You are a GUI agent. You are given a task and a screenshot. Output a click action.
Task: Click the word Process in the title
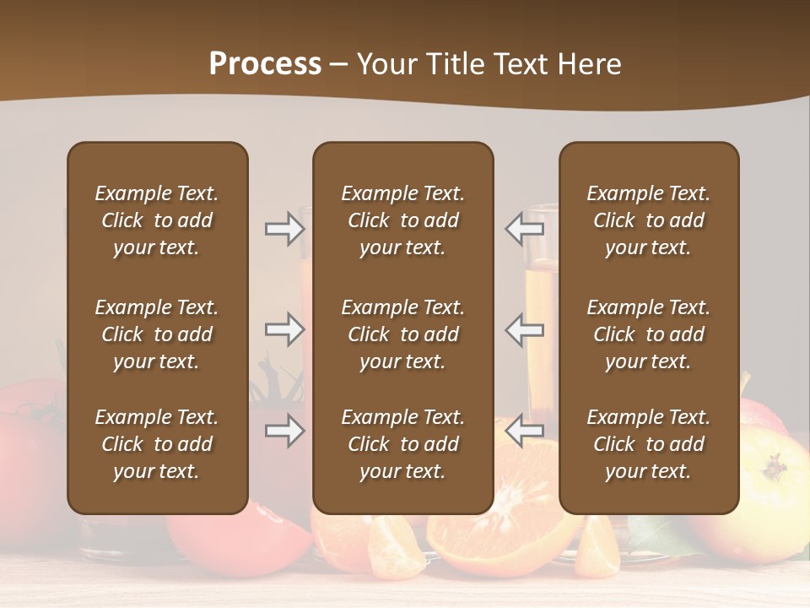[x=265, y=64]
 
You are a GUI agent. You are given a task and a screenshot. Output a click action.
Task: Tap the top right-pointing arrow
[x=284, y=228]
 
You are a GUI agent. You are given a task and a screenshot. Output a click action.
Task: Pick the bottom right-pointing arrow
[x=284, y=431]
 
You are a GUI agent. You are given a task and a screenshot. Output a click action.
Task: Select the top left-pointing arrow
[x=524, y=228]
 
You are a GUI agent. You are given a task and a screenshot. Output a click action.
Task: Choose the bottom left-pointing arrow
[x=524, y=431]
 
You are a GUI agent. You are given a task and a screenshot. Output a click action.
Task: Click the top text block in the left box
[x=157, y=220]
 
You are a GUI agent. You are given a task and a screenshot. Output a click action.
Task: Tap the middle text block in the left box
[x=157, y=334]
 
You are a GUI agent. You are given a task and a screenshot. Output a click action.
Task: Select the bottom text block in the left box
[x=157, y=444]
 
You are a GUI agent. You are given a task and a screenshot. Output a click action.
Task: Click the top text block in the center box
[x=402, y=220]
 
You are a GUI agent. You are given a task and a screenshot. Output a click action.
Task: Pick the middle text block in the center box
[x=402, y=334]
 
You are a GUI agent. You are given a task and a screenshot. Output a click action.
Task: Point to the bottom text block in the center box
[x=402, y=444]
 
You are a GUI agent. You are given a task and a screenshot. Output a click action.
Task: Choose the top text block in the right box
[x=648, y=220]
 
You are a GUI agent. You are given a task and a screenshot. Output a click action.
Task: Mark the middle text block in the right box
[x=648, y=334]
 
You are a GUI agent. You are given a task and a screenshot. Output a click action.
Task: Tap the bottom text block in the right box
[x=648, y=444]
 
